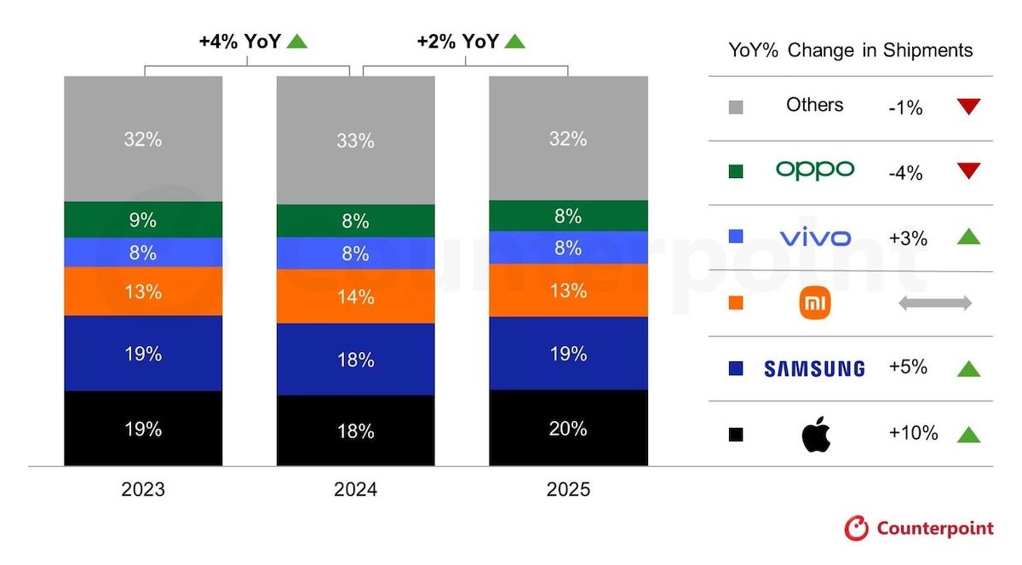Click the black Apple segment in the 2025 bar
pyautogui.click(x=568, y=428)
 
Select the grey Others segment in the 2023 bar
pyautogui.click(x=143, y=139)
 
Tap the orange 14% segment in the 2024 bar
pyautogui.click(x=355, y=297)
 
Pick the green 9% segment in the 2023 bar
pyautogui.click(x=143, y=220)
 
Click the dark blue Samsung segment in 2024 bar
pyautogui.click(x=355, y=360)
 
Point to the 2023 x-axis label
pyautogui.click(x=143, y=490)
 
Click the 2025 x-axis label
pyautogui.click(x=568, y=490)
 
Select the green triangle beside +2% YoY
pyautogui.click(x=514, y=40)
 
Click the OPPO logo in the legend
pyautogui.click(x=814, y=170)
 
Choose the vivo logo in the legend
pyautogui.click(x=814, y=236)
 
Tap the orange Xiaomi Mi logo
pyautogui.click(x=815, y=303)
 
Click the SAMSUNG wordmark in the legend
pyautogui.click(x=814, y=368)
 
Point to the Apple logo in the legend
pyautogui.click(x=815, y=435)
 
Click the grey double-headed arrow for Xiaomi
pyautogui.click(x=934, y=303)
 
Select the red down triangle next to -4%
pyautogui.click(x=968, y=171)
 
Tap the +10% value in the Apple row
pyautogui.click(x=913, y=434)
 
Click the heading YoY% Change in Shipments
pyautogui.click(x=850, y=50)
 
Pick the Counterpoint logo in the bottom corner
pyautogui.click(x=919, y=528)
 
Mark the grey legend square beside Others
pyautogui.click(x=737, y=107)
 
